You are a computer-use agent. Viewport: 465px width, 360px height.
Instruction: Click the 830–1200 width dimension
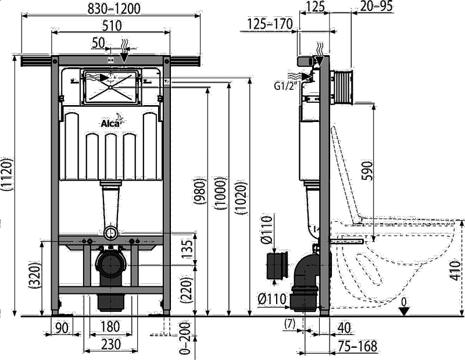pyautogui.click(x=113, y=8)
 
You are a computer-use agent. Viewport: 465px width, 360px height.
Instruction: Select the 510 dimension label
pyautogui.click(x=112, y=26)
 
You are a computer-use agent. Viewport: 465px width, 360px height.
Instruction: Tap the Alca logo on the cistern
pyautogui.click(x=112, y=121)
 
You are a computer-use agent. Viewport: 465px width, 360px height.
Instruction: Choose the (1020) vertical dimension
pyautogui.click(x=241, y=198)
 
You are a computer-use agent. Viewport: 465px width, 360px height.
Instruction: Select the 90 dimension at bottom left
pyautogui.click(x=62, y=327)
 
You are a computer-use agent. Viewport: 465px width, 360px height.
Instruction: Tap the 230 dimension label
pyautogui.click(x=111, y=344)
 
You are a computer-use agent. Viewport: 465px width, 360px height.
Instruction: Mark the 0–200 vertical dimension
pyautogui.click(x=185, y=337)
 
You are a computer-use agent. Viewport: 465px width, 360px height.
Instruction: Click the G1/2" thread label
pyautogui.click(x=285, y=85)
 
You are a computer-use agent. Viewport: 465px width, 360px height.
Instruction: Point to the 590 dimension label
pyautogui.click(x=367, y=171)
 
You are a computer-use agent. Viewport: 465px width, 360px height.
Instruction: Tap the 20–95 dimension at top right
pyautogui.click(x=376, y=6)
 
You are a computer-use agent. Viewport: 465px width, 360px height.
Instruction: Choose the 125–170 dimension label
pyautogui.click(x=270, y=24)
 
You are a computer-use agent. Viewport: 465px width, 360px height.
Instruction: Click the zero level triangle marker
pyautogui.click(x=403, y=311)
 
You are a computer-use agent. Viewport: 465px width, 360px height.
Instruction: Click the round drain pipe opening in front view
pyautogui.click(x=110, y=233)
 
